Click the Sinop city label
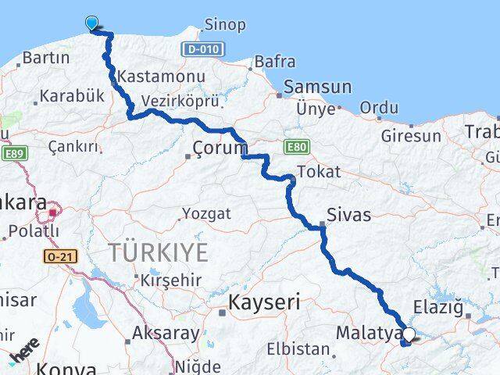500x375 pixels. pos(224,25)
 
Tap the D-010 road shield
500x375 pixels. pos(204,49)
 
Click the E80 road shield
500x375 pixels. pos(297,146)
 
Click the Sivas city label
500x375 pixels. pos(349,214)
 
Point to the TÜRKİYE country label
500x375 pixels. pos(159,252)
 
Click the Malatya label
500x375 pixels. pos(367,333)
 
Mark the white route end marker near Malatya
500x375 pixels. pos(409,335)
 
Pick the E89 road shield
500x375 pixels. pos(13,154)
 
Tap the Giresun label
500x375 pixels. pos(411,136)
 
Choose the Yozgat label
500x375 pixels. pos(206,213)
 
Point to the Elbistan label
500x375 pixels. pos(298,348)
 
